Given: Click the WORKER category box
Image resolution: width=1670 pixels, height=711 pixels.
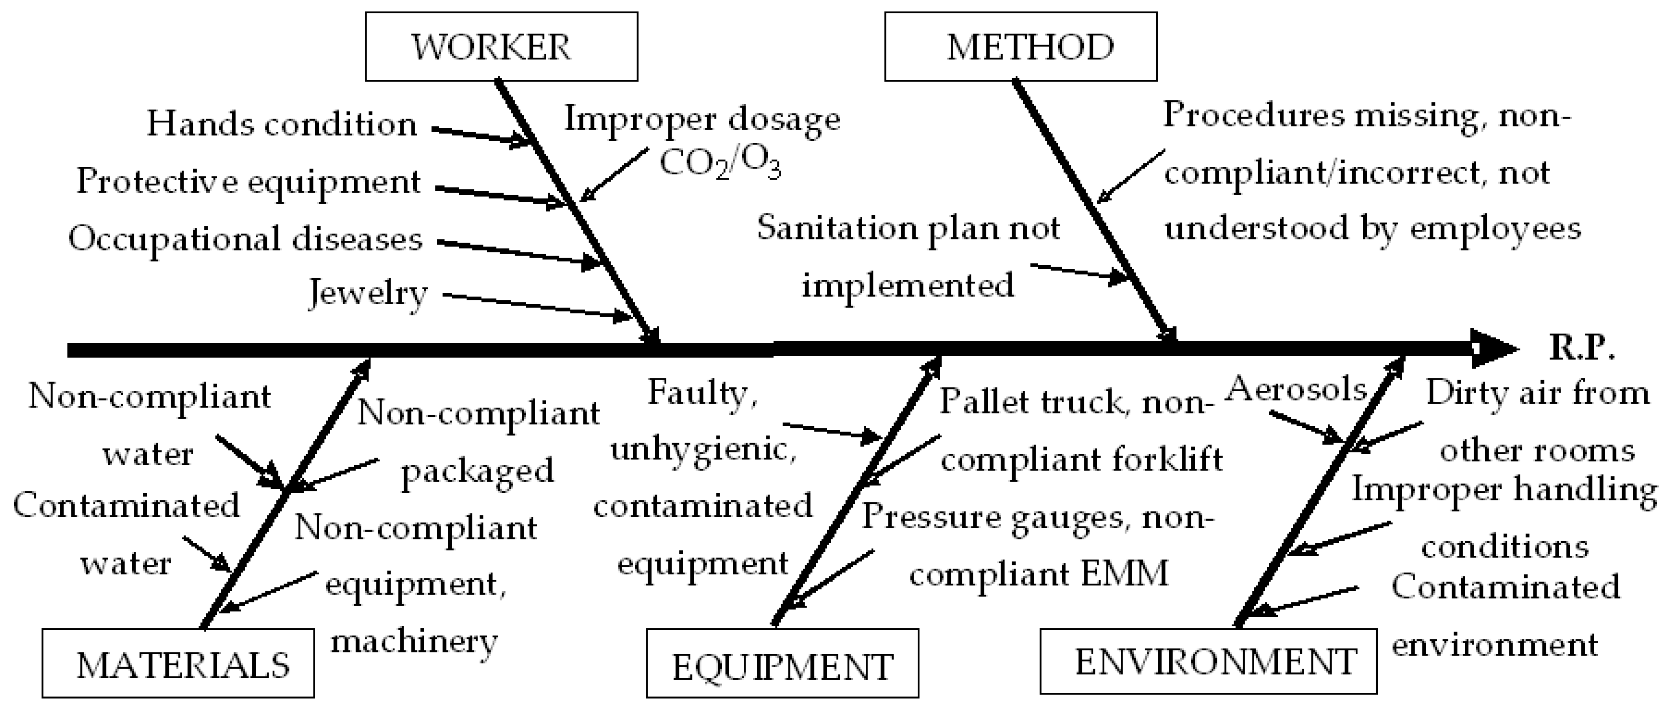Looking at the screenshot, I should (501, 47).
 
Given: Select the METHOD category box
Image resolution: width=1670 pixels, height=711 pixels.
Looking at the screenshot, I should (1021, 47).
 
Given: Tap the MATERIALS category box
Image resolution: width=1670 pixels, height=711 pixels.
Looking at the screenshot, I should (178, 663).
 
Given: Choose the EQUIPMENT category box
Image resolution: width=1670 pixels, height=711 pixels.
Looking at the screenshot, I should (782, 663).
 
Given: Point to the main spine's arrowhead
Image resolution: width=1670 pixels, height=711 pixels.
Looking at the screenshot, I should (1494, 350).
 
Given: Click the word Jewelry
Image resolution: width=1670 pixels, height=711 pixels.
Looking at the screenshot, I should (368, 293).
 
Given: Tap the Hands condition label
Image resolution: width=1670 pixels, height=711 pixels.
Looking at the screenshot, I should (282, 123).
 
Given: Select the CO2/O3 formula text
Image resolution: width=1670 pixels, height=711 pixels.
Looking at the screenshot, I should (720, 163).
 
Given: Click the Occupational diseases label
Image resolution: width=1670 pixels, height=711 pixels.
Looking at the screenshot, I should (246, 238).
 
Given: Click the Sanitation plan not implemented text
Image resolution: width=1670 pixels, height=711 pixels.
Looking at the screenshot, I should (907, 256).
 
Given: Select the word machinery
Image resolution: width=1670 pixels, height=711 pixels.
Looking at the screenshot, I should (414, 642).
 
